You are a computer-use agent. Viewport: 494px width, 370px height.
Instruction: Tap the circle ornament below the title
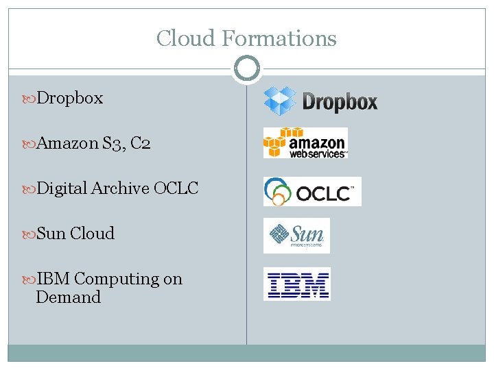coord(246,69)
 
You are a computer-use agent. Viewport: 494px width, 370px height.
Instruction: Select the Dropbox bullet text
coord(69,98)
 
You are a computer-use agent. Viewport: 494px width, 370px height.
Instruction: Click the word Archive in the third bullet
coord(120,188)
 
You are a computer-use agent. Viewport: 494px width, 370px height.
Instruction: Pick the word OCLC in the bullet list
coord(176,188)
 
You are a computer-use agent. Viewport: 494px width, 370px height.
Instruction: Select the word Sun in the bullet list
coord(51,234)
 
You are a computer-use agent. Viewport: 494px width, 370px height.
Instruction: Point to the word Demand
coord(68,297)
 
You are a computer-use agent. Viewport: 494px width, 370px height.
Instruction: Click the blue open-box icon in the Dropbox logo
coord(280,101)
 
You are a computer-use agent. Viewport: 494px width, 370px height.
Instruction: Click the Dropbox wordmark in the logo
coord(340,103)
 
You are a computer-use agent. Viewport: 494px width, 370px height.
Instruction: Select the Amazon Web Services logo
coord(305,143)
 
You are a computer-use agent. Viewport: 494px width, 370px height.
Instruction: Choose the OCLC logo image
coord(312,191)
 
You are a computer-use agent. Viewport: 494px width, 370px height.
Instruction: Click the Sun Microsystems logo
coord(296,236)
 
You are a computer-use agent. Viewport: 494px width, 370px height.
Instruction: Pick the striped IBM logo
coord(297,284)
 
